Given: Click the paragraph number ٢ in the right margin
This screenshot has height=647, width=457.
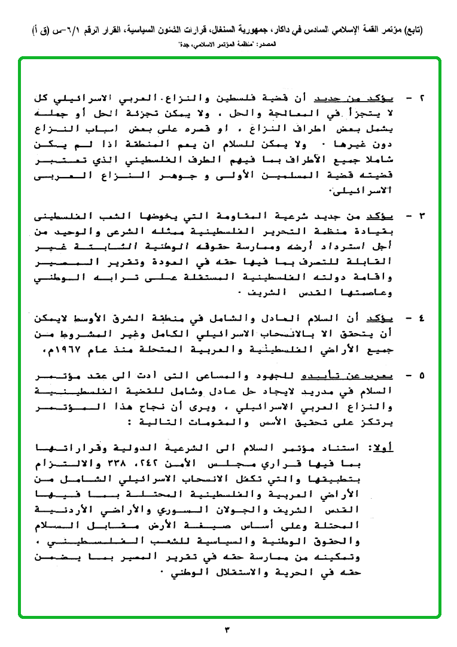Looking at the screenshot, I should [x=424, y=97].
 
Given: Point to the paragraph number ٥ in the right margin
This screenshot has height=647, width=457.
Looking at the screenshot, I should [x=424, y=376].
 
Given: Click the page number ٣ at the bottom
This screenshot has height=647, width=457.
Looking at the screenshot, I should [x=227, y=629].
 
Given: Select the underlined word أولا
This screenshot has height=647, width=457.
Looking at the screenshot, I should [x=379, y=447].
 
